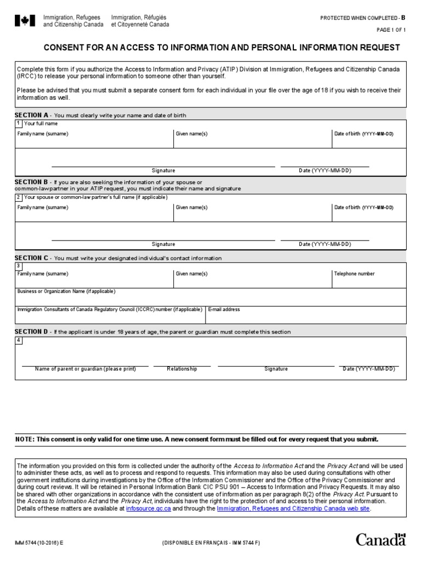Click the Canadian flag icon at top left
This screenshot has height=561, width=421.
click(24, 21)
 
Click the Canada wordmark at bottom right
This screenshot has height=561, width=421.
click(381, 540)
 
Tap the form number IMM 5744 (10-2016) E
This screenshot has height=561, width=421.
click(39, 542)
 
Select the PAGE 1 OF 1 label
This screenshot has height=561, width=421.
click(391, 31)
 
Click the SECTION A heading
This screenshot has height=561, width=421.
click(31, 116)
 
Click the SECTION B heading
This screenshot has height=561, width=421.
click(31, 182)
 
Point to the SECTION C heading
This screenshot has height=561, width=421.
click(31, 258)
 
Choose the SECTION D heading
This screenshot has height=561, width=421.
click(31, 332)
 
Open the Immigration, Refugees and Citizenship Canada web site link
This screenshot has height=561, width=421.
click(293, 508)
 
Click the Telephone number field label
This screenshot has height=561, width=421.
click(354, 273)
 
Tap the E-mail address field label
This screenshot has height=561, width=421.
click(224, 310)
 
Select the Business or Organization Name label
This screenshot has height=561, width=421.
click(66, 291)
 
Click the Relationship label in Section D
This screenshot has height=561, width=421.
click(182, 369)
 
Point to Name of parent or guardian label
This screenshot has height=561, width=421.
click(86, 369)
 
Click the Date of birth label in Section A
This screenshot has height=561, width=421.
click(363, 134)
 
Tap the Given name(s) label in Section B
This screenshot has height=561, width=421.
click(191, 208)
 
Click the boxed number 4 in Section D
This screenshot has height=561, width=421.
click(19, 340)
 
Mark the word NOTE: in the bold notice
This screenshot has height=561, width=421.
click(25, 439)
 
